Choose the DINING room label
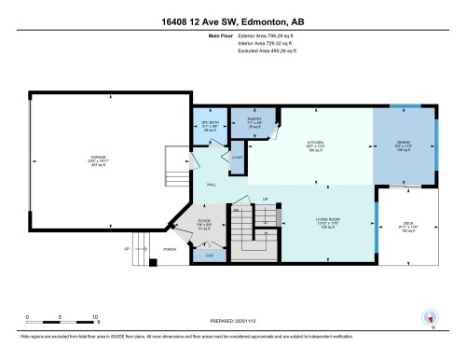pyautogui.click(x=404, y=144)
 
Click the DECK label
pyautogui.click(x=406, y=220)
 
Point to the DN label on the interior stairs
pyautogui.click(x=237, y=211)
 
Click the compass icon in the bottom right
pyautogui.click(x=431, y=318)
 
